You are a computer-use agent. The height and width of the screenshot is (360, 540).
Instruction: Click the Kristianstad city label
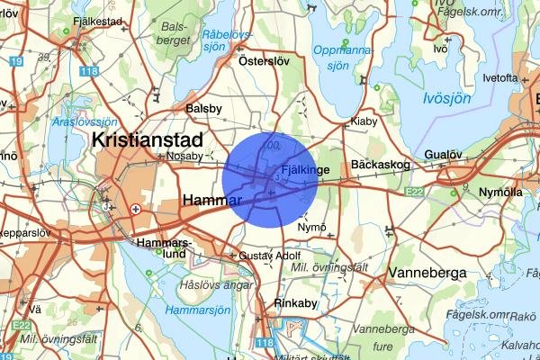148,139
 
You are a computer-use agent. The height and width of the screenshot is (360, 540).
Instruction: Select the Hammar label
209,198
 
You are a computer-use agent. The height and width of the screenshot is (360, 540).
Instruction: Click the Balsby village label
203,108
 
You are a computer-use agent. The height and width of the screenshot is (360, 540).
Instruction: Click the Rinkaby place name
296,303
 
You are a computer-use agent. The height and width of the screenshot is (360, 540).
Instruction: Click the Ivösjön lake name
448,97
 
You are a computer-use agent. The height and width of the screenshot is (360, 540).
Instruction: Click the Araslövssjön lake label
85,121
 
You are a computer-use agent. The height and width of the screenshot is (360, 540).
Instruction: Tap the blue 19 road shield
16,62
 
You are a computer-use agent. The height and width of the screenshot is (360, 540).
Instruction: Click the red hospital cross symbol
136,208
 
